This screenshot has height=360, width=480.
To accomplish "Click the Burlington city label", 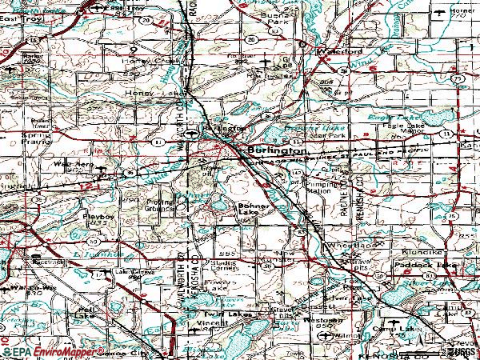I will [276, 150].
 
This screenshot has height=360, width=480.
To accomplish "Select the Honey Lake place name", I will [142, 93].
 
